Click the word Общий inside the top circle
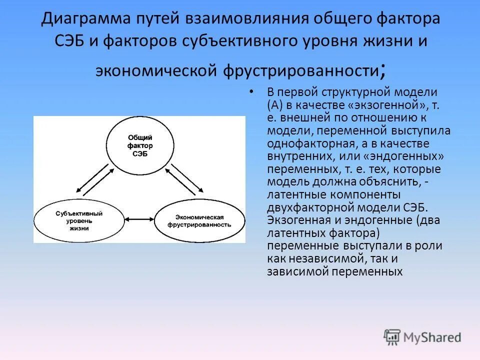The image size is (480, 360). pos(140,137)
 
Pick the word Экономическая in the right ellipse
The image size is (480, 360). pos(199,217)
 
